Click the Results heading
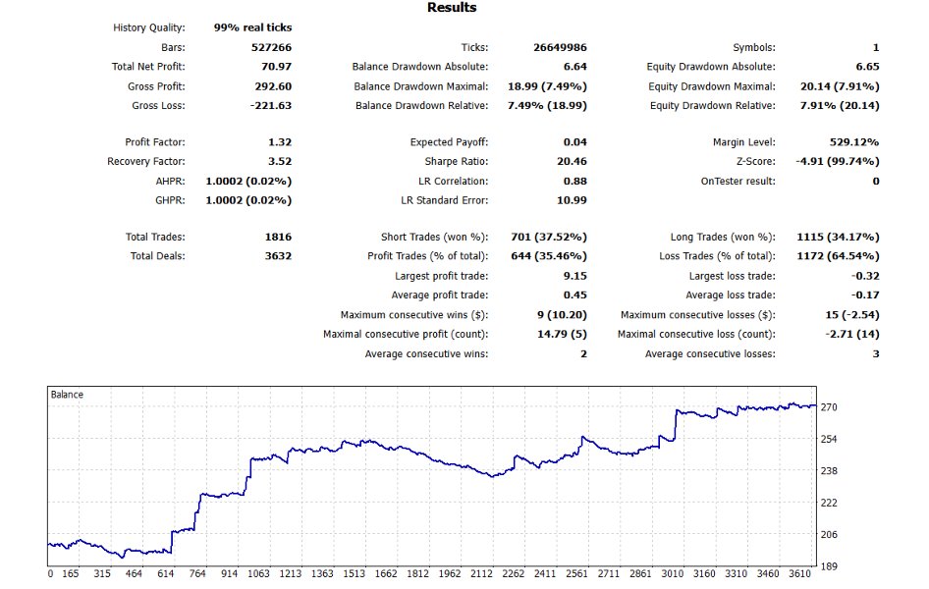[x=452, y=8]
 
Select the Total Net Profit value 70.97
[x=275, y=67]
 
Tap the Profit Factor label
[x=155, y=142]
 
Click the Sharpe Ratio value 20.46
[x=571, y=162]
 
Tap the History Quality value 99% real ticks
[x=252, y=27]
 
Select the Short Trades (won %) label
[x=434, y=238]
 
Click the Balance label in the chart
[x=67, y=395]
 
